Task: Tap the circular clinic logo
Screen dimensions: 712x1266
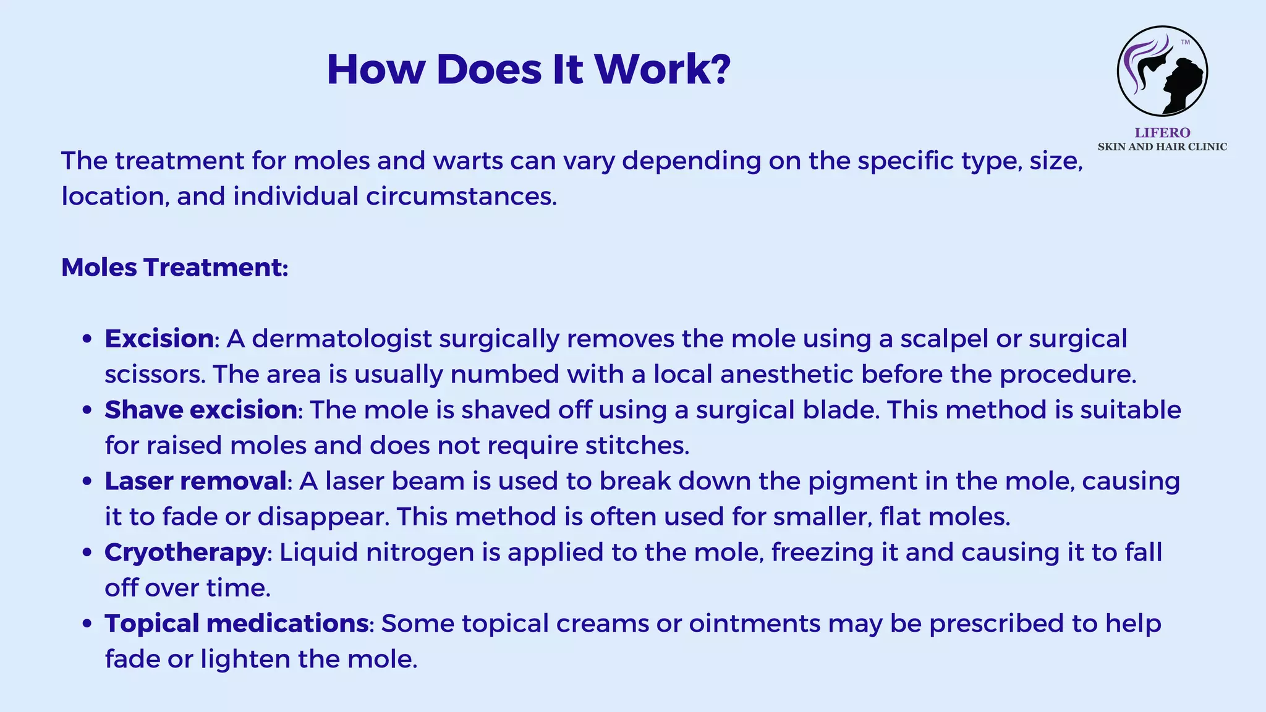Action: [1162, 71]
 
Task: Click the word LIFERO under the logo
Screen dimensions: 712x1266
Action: [1162, 132]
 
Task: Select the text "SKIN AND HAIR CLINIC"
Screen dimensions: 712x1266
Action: [1162, 147]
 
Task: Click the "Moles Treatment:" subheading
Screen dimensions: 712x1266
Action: [175, 268]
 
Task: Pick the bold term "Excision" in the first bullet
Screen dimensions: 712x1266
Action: [159, 339]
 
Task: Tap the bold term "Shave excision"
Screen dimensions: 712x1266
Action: [201, 410]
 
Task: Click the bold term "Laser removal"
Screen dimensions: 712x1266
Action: [195, 481]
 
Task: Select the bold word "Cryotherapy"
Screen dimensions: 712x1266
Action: [185, 552]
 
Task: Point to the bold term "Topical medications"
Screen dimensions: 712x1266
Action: [237, 623]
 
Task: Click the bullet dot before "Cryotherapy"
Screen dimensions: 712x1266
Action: [87, 553]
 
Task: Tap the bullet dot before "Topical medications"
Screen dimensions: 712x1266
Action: [87, 624]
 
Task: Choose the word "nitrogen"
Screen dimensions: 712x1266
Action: [420, 553]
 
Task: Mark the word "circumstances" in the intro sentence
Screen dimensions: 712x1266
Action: [461, 197]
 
